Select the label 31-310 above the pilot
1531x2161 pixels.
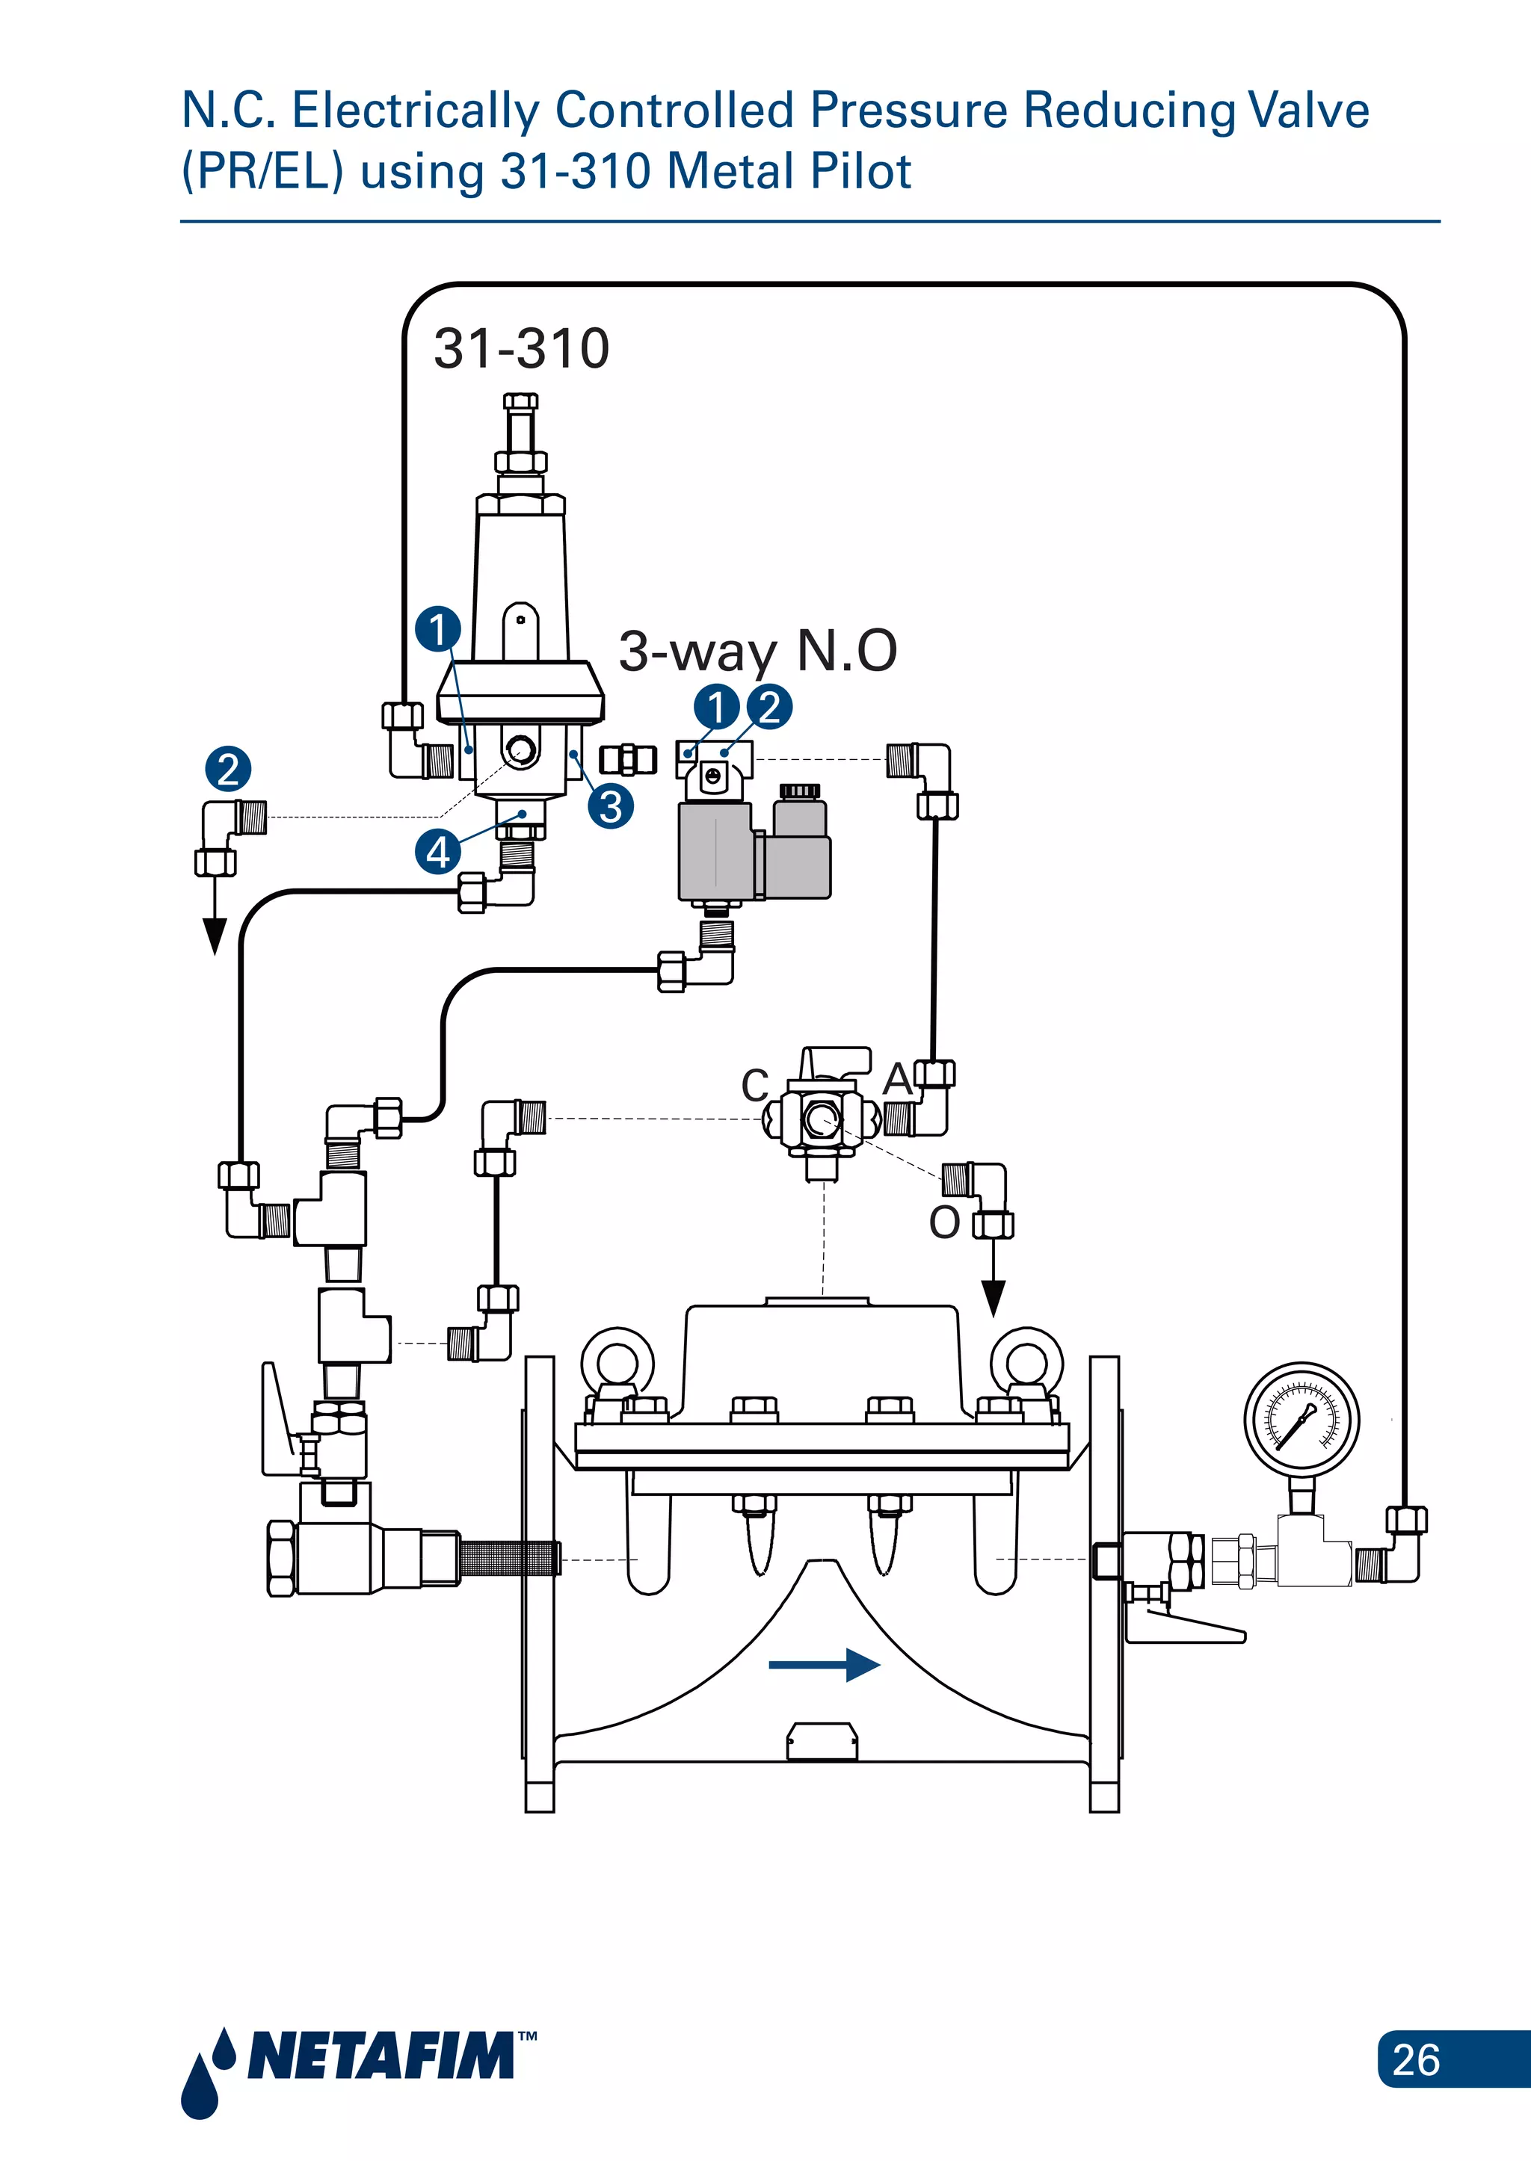[x=521, y=349]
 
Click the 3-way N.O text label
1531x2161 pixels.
[x=757, y=650]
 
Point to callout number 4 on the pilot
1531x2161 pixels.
[x=437, y=852]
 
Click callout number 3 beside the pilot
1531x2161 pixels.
[x=611, y=807]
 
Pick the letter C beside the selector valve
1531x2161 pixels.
[x=755, y=1085]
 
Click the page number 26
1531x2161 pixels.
[x=1415, y=2059]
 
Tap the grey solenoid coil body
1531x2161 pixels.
[x=716, y=851]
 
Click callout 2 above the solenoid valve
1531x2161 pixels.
[x=769, y=707]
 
